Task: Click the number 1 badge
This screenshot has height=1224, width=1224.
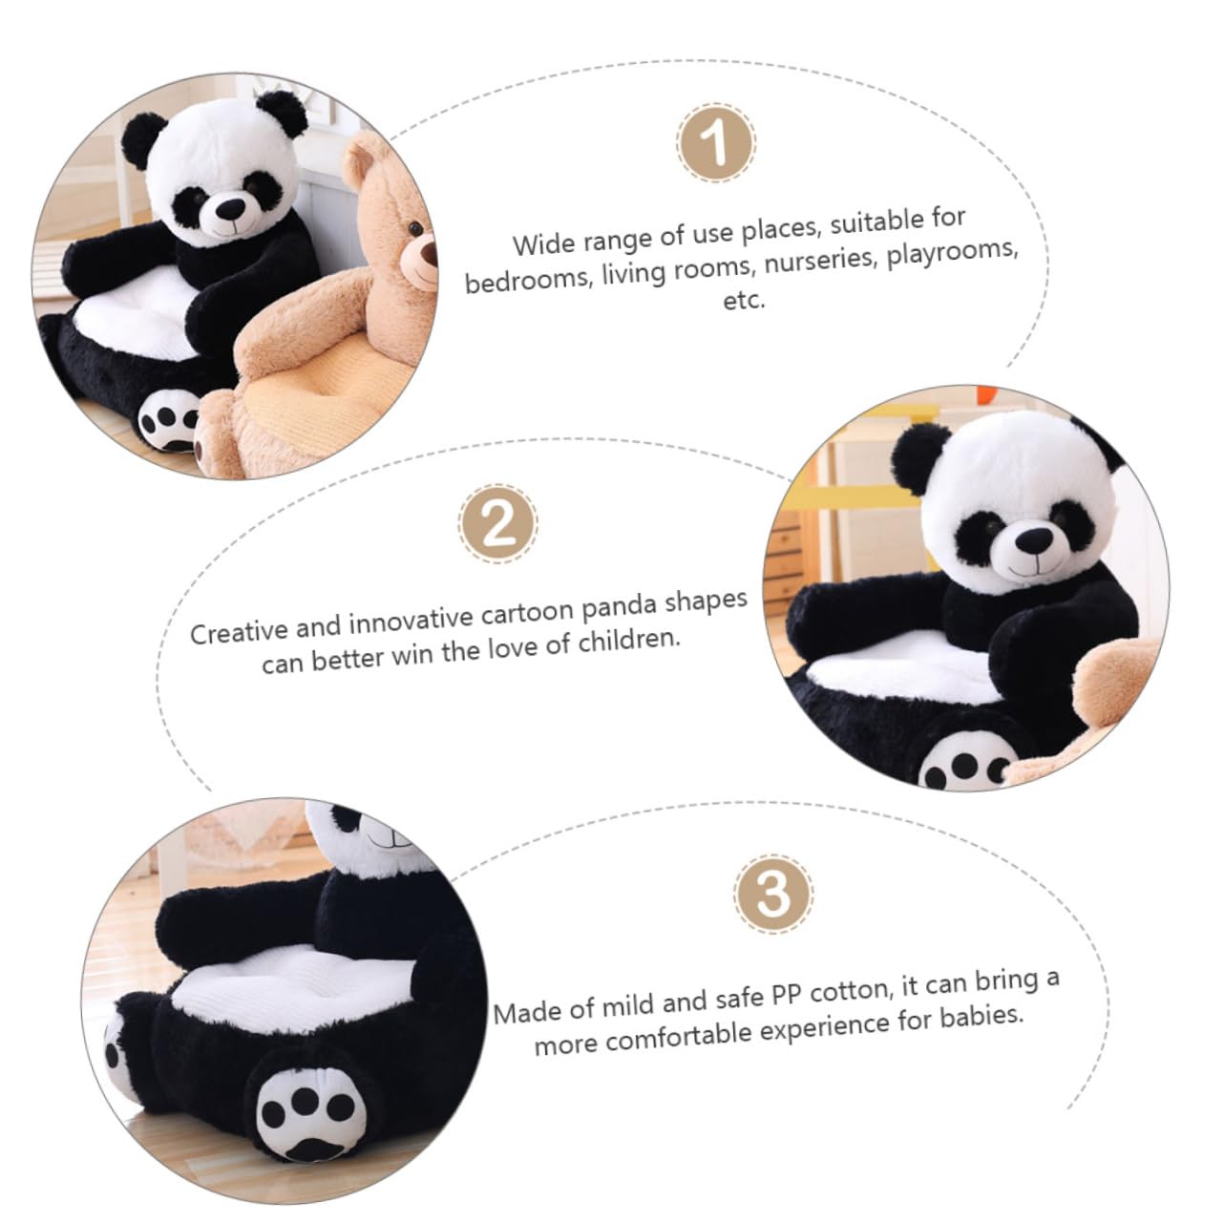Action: tap(715, 143)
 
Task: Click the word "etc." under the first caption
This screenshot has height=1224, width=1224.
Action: tap(744, 301)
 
